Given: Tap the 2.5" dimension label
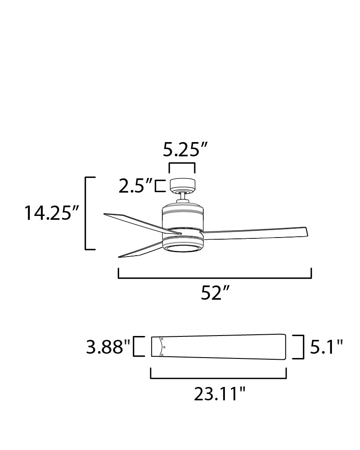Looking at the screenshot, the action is [x=136, y=186].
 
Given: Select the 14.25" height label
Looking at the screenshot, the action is [x=51, y=213].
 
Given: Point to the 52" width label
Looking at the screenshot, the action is [x=215, y=292].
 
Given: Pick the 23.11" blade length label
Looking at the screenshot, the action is [x=219, y=394].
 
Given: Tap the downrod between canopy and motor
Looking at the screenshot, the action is [x=183, y=198].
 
